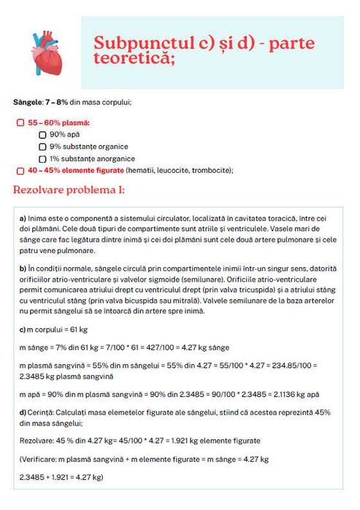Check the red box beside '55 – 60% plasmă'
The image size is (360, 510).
pos(20,123)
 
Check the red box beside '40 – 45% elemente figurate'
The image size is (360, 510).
pos(20,170)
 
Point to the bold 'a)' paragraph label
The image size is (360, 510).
pos(23,219)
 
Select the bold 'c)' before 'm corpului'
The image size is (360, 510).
pos(22,331)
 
